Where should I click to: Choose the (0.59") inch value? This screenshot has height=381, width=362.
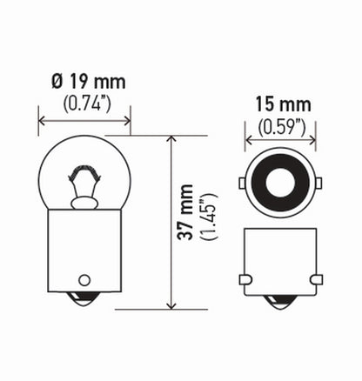coord(280,126)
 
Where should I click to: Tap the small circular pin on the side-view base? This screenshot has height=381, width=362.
coord(84,280)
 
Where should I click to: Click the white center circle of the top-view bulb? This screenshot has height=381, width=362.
coord(280,185)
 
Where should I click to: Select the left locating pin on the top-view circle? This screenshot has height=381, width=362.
coord(241,184)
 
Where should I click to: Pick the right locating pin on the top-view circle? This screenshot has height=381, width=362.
coord(319,184)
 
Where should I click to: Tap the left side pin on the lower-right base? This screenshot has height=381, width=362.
coord(245,280)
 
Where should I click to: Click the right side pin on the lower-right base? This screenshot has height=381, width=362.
coord(316,280)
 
